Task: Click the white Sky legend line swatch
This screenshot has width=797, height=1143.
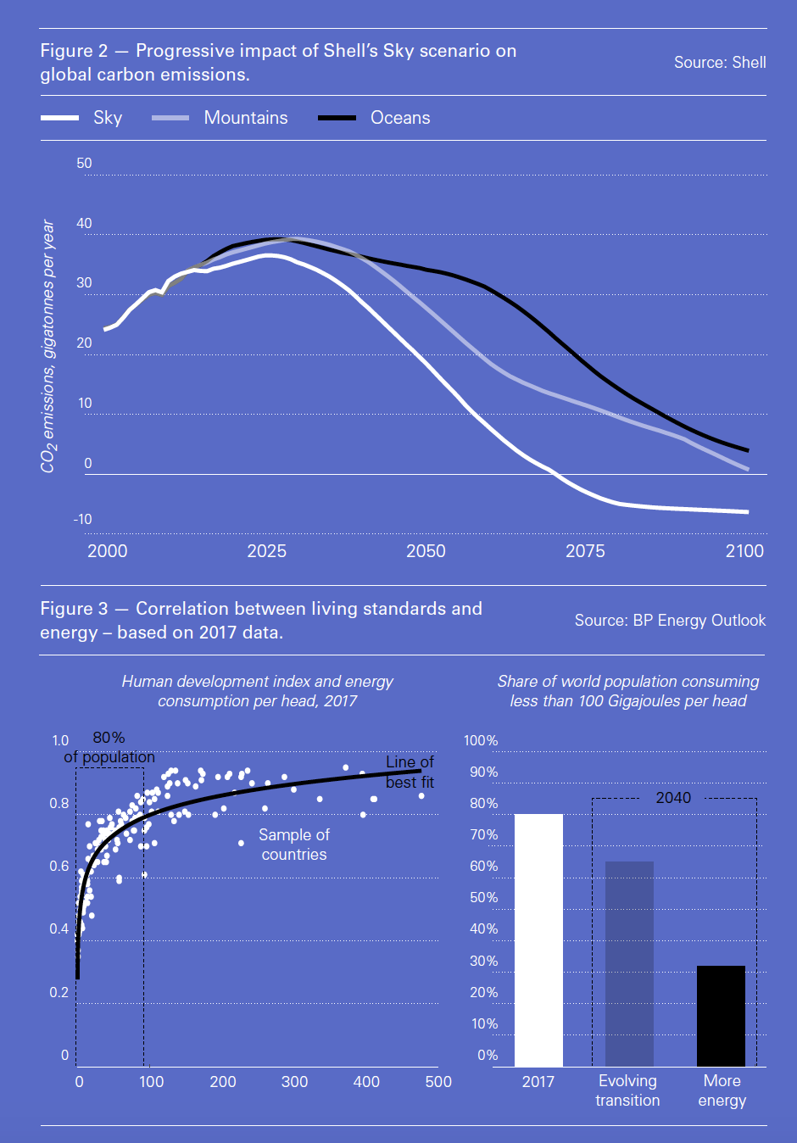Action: pyautogui.click(x=59, y=118)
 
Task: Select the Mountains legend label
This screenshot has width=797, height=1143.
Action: pyautogui.click(x=246, y=118)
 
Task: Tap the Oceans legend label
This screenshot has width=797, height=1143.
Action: pyautogui.click(x=400, y=118)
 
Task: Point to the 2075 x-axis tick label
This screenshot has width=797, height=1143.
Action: pyautogui.click(x=585, y=551)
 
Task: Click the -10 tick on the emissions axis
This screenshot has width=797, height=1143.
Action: pyautogui.click(x=82, y=519)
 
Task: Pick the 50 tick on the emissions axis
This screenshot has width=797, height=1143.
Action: pyautogui.click(x=84, y=163)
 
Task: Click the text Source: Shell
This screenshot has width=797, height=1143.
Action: pyautogui.click(x=720, y=63)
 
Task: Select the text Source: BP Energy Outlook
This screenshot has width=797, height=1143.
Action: pyautogui.click(x=670, y=621)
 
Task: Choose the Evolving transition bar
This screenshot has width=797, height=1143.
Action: pyautogui.click(x=629, y=963)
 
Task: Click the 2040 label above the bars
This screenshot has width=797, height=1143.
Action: pyautogui.click(x=673, y=798)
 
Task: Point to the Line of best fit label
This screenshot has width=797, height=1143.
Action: pyautogui.click(x=410, y=772)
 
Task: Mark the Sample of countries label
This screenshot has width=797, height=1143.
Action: pyautogui.click(x=294, y=845)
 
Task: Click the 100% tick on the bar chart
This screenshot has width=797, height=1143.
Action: pyautogui.click(x=481, y=740)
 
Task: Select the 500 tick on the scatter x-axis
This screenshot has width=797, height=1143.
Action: pyautogui.click(x=438, y=1082)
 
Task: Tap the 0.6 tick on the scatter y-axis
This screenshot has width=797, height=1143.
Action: pyautogui.click(x=59, y=866)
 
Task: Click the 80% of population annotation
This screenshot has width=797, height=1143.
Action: pyautogui.click(x=109, y=747)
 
